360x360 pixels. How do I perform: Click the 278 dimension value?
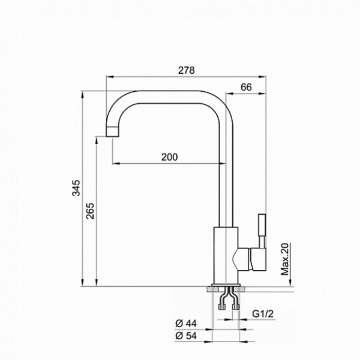click(187, 70)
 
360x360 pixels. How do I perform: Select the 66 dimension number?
click(246, 87)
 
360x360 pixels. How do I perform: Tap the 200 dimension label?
click(169, 157)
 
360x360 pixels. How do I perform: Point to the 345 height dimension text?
click(76, 188)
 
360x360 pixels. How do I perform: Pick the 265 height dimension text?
click(90, 211)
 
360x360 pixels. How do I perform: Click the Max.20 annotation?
click(285, 259)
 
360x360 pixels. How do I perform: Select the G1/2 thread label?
click(263, 314)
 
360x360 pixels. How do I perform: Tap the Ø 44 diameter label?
click(186, 323)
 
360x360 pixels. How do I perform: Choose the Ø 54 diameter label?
click(186, 336)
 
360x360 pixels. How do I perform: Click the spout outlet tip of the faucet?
click(113, 131)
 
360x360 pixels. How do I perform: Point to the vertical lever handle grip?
click(262, 225)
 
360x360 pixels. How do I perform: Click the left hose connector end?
click(221, 307)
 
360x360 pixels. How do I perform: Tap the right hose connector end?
click(236, 307)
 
